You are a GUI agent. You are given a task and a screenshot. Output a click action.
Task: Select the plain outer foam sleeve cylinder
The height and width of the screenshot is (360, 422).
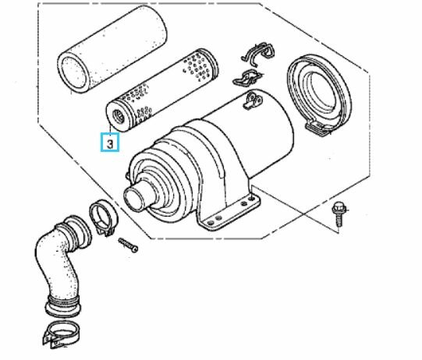coord(112,49)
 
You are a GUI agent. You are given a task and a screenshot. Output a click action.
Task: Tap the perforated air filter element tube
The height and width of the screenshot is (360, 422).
coord(161,90)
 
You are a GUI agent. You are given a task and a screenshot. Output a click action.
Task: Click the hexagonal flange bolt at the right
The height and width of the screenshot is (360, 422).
coord(339,214)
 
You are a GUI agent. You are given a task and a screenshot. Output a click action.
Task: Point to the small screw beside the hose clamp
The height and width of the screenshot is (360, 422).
coord(129,245)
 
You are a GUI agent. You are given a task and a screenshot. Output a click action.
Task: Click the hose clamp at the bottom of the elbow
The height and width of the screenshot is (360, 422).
coord(60,334)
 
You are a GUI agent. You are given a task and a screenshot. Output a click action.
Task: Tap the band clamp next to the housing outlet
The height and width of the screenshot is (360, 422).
coord(103,217)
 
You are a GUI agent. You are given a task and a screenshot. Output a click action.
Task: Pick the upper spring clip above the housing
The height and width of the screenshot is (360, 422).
coord(259,53)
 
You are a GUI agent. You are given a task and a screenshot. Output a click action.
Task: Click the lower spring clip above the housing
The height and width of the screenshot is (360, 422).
coord(246,78)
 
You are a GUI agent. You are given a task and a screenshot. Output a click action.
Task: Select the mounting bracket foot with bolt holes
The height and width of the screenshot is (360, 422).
coord(229,213)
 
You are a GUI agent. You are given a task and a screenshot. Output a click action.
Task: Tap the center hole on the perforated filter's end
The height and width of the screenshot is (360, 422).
coord(118,117)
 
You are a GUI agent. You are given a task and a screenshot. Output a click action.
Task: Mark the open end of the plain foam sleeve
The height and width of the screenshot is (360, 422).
coord(73,72)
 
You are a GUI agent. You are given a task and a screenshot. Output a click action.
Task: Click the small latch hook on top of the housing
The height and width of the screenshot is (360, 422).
coord(253,101)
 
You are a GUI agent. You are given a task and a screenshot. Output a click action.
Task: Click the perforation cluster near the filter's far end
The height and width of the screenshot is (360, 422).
coord(199,68)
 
